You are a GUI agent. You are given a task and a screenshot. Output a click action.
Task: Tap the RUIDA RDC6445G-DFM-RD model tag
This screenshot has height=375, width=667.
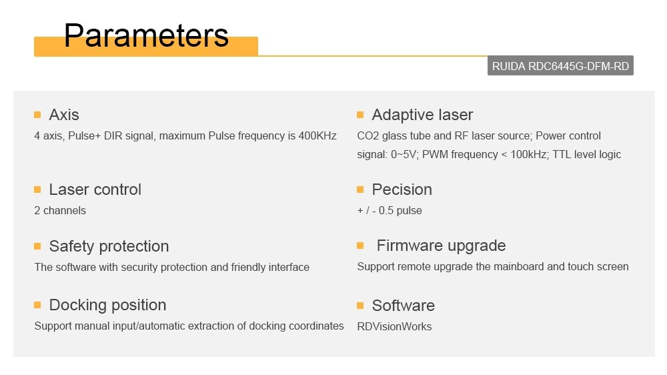tap(560, 66)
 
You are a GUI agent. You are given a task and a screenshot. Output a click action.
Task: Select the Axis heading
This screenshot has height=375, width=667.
tap(64, 115)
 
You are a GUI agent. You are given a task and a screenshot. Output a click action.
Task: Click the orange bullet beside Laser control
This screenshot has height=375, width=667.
tap(37, 190)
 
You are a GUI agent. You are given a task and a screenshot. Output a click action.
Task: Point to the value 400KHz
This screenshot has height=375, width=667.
tap(317, 135)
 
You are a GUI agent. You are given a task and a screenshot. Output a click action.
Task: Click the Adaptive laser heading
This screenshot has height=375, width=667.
tap(422, 115)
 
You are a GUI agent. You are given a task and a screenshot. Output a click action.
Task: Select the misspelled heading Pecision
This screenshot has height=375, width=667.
tap(402, 190)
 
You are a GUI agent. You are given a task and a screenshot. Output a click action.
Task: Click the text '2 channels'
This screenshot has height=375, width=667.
tap(60, 210)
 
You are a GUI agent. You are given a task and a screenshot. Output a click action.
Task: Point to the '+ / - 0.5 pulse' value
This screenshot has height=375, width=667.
tap(390, 210)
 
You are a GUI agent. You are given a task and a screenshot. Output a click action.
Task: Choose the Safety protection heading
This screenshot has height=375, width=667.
tap(109, 246)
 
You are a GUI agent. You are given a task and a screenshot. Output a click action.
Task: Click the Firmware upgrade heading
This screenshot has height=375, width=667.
tap(441, 246)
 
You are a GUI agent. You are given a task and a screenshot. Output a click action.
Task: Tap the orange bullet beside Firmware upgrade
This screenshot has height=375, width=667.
tap(360, 246)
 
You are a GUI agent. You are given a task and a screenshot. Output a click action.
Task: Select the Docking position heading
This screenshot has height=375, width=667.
tap(107, 305)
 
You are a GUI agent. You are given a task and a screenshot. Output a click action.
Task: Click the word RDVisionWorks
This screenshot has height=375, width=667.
tap(394, 326)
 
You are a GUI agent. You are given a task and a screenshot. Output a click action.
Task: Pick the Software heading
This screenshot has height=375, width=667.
tap(404, 306)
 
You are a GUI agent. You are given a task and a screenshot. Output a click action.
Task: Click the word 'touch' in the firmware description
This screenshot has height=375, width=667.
tap(580, 266)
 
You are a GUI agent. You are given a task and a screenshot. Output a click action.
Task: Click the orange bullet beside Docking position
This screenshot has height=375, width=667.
tap(37, 305)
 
